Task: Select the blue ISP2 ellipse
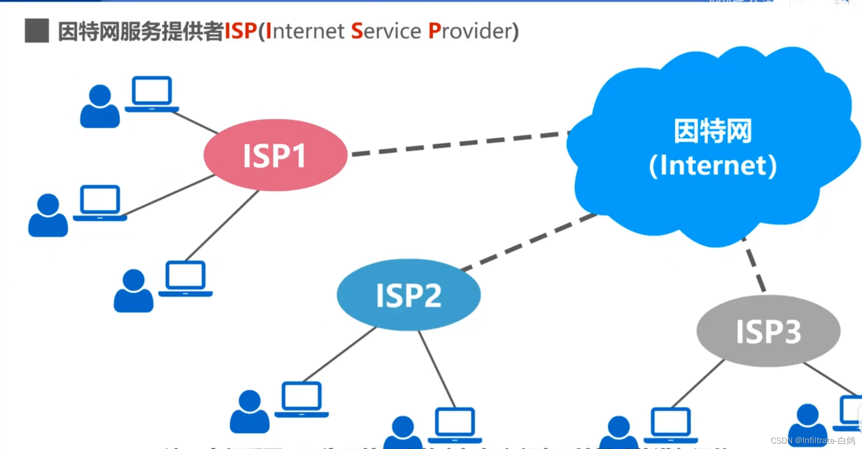click(x=408, y=295)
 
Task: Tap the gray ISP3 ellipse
click(x=768, y=331)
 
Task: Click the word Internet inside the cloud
click(x=713, y=166)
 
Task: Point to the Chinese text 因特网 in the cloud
click(x=713, y=131)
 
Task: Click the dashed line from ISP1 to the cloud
click(x=458, y=143)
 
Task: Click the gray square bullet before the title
click(x=37, y=31)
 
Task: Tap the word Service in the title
click(x=386, y=31)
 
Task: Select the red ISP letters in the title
click(x=241, y=31)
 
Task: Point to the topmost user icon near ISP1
click(x=100, y=107)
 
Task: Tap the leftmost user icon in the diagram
click(x=48, y=215)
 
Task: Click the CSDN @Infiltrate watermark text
click(x=813, y=441)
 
